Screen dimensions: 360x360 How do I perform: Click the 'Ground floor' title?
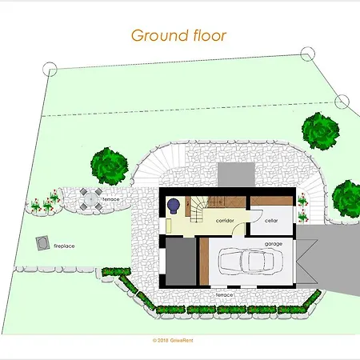point(178,36)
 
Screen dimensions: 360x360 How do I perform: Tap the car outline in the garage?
point(246,261)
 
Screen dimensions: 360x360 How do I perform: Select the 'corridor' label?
point(225,221)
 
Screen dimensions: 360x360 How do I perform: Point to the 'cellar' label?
point(271,221)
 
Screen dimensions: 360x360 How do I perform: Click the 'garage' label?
point(274,244)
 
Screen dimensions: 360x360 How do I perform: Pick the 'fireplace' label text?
point(64,246)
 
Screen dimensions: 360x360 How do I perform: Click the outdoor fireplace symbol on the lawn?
point(42,243)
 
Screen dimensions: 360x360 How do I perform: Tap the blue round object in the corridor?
point(174,206)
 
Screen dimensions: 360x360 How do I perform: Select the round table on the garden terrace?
point(90,199)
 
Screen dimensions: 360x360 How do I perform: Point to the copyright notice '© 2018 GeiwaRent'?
point(173,340)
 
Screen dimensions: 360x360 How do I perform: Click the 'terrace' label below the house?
point(224,295)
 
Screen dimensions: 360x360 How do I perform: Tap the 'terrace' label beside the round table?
point(111,199)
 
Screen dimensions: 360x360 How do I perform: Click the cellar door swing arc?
point(257,215)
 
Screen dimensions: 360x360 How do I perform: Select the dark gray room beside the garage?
point(181,262)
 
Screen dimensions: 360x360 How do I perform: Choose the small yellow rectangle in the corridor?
point(169,226)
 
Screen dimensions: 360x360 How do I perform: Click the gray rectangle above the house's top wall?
point(236,174)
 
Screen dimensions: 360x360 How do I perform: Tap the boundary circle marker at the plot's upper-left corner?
point(50,69)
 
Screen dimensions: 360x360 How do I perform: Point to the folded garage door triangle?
point(307,262)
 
